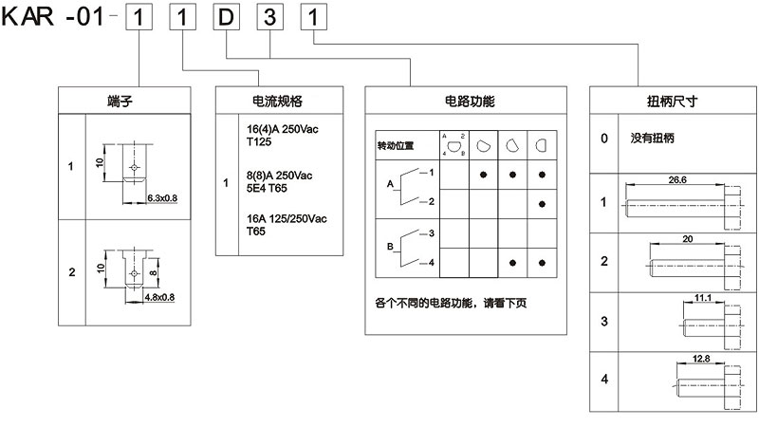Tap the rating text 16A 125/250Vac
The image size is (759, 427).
(286, 219)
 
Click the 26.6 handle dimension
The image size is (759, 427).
(677, 179)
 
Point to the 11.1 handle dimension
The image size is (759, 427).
(703, 298)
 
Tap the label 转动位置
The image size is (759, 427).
(396, 147)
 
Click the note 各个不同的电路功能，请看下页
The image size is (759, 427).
(450, 303)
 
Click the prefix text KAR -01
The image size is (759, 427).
(58, 18)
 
